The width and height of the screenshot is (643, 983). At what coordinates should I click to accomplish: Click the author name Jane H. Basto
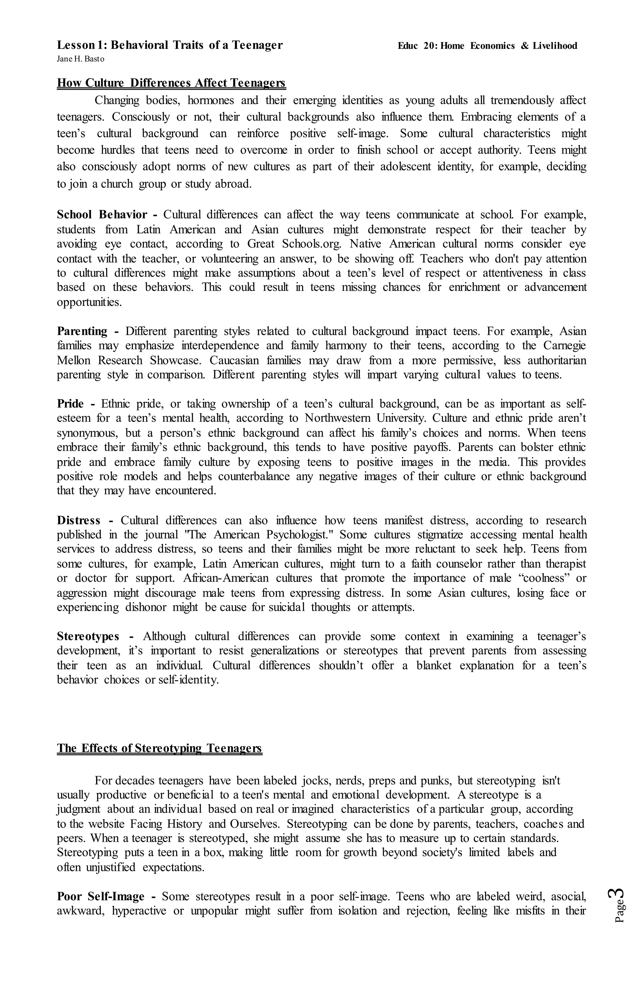[x=81, y=59]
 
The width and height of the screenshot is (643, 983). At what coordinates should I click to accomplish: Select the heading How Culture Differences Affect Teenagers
[x=171, y=83]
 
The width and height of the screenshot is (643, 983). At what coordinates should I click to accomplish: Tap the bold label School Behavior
[x=102, y=215]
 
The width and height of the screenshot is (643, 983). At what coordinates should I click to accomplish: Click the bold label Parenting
[x=82, y=331]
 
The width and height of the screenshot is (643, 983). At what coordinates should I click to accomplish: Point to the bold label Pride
[x=70, y=404]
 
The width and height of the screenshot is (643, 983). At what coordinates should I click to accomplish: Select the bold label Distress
[x=78, y=520]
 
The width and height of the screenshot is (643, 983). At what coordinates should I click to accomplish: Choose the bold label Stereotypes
[x=88, y=637]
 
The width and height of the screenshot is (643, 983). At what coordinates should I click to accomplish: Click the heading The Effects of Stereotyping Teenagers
[x=159, y=749]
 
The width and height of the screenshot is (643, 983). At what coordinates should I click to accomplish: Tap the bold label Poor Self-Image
[x=101, y=897]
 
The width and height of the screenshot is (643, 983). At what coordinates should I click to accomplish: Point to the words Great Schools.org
[x=294, y=244]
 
